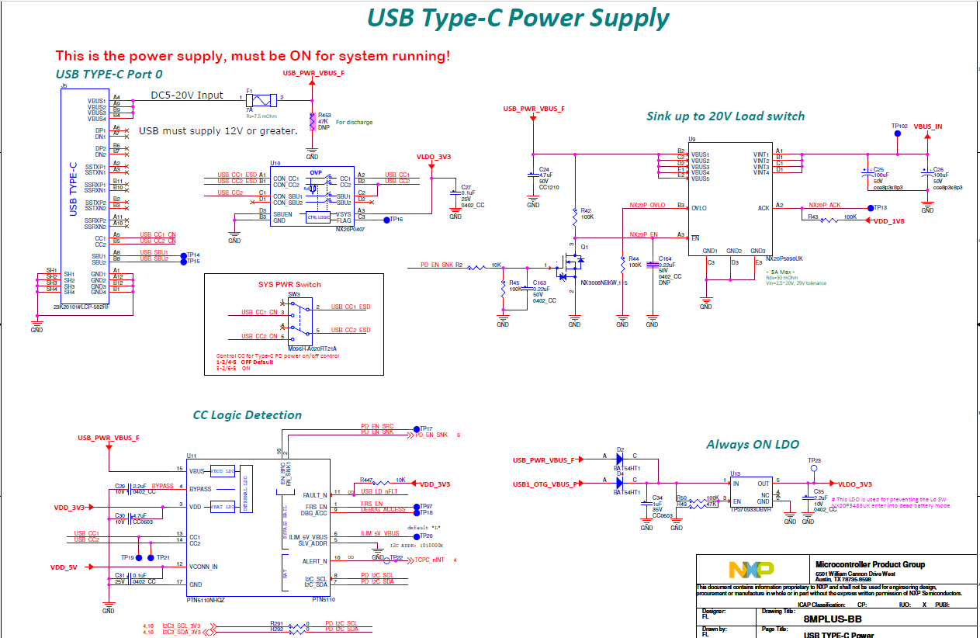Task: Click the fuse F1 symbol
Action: click(261, 99)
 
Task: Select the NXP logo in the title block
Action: click(750, 570)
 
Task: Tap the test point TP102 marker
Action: click(898, 133)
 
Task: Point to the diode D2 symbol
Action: click(620, 460)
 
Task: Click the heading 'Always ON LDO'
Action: click(752, 445)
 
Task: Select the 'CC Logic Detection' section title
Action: click(247, 415)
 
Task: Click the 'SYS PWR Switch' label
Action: click(289, 285)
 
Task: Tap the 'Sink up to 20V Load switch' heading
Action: click(725, 116)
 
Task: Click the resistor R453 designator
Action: click(325, 115)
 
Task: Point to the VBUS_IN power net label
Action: click(927, 126)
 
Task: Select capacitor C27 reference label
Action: click(466, 187)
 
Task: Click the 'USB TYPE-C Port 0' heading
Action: click(109, 75)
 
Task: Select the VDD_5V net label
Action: click(64, 567)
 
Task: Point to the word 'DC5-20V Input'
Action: click(187, 95)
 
